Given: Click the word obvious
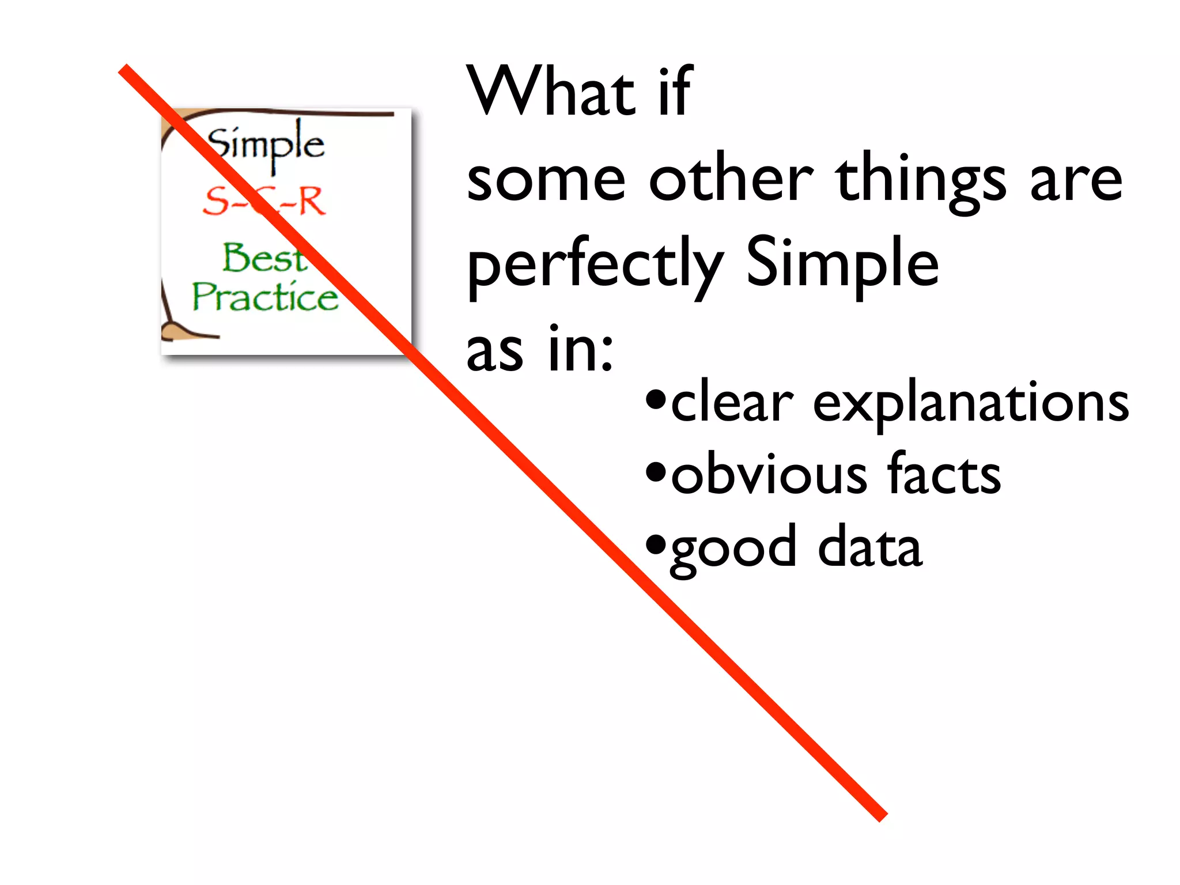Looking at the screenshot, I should coord(769,475).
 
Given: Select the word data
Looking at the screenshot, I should coord(870,547).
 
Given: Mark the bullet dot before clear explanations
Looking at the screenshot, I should coord(655,400).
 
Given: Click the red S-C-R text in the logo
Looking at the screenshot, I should coord(264,201).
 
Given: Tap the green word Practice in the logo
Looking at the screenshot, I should coord(264,297).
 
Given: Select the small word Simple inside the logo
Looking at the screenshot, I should coord(266,143).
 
